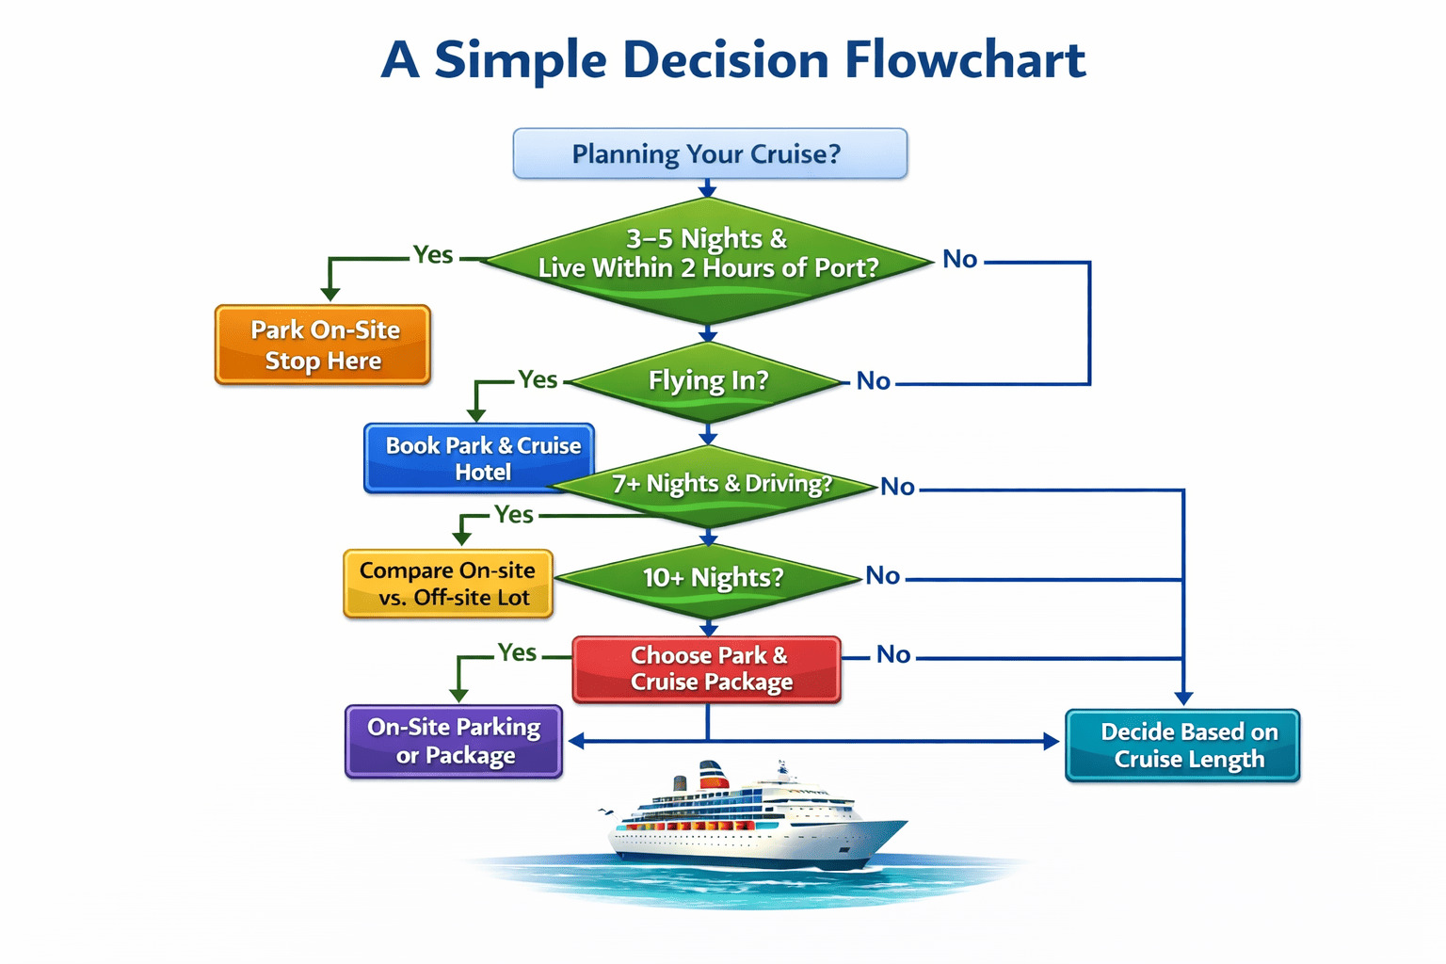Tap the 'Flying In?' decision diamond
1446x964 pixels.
click(708, 381)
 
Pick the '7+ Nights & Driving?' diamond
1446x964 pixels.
click(721, 484)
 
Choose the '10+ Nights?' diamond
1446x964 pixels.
click(712, 577)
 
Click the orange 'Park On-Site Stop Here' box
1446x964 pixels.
click(323, 345)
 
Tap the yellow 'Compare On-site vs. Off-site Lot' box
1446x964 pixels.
click(447, 584)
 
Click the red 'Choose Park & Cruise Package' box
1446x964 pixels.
click(707, 668)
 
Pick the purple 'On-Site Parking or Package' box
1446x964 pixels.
click(454, 741)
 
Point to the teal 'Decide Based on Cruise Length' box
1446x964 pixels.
click(1182, 745)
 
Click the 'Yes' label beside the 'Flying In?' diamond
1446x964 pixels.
click(538, 379)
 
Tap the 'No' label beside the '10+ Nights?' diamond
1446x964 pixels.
click(883, 576)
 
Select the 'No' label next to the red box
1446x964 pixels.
click(893, 655)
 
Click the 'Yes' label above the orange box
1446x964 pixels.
click(433, 255)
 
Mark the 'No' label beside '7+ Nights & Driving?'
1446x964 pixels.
click(897, 487)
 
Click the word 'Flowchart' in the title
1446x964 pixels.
click(965, 60)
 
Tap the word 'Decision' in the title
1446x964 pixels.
click(726, 60)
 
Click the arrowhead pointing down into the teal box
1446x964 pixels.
click(1183, 698)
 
